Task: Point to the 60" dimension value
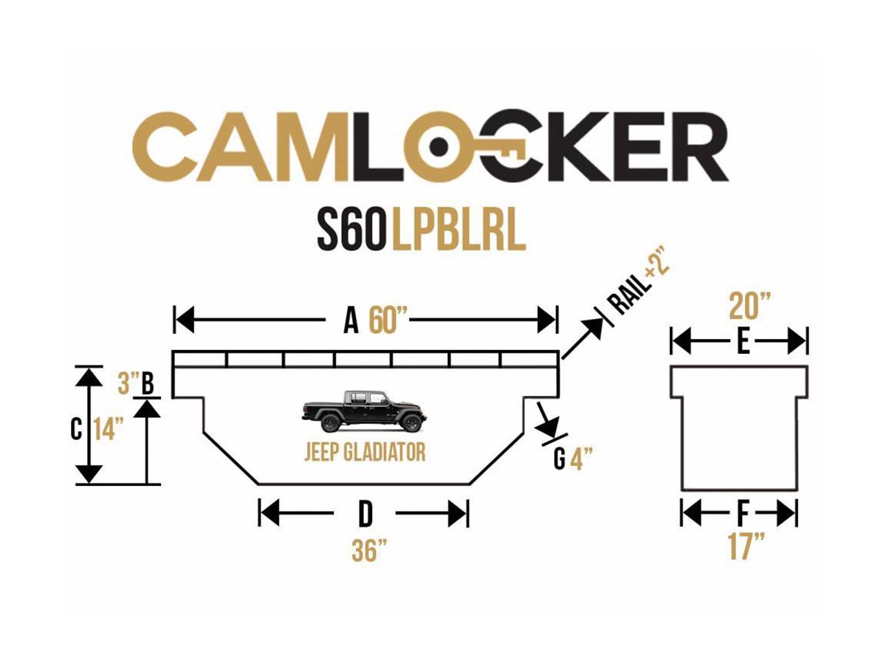(x=388, y=320)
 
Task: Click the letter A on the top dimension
(x=351, y=320)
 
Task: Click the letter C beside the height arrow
(x=76, y=429)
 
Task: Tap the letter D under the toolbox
(x=364, y=514)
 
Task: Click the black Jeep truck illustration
(x=364, y=411)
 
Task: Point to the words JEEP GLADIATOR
(x=365, y=451)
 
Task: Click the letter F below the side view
(x=742, y=512)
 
